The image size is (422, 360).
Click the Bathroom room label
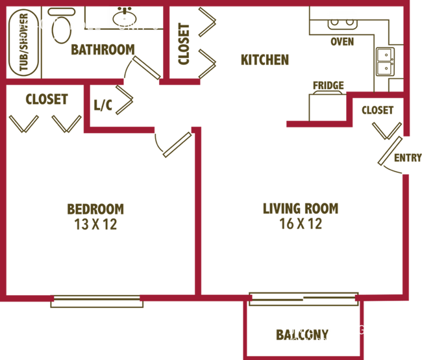click(x=103, y=49)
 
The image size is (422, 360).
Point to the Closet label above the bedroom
click(x=46, y=99)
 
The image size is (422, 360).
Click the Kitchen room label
click(x=264, y=60)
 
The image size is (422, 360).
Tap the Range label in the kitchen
click(x=327, y=85)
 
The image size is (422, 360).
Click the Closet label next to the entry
click(x=377, y=111)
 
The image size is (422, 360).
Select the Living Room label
click(x=301, y=209)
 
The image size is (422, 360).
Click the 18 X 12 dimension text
click(x=301, y=225)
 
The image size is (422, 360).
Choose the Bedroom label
click(x=95, y=209)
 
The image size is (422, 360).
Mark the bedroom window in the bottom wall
click(x=97, y=300)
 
